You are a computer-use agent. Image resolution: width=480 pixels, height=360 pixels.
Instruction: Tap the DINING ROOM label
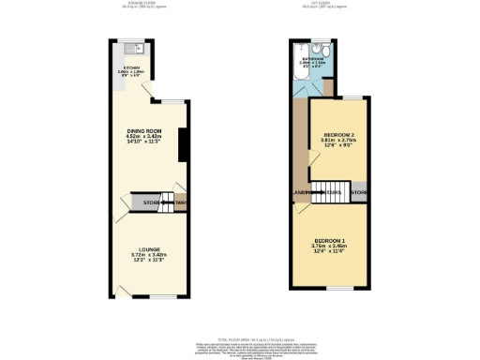coord(144,130)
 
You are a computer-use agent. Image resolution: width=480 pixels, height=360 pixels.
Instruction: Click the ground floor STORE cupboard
coord(151,202)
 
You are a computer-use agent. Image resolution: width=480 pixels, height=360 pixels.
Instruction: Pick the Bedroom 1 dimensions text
coord(332,247)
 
